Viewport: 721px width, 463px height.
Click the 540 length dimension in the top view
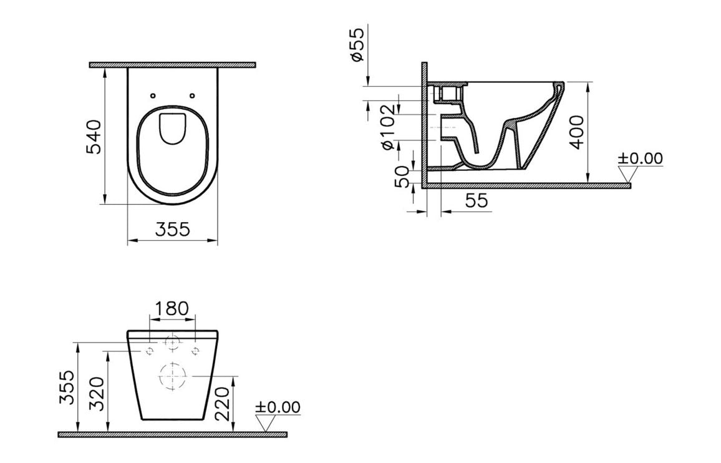tap(92, 136)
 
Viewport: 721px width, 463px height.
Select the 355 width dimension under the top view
tap(172, 229)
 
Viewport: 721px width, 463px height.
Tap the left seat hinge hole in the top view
tap(153, 95)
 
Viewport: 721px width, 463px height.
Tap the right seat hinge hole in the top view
tap(192, 95)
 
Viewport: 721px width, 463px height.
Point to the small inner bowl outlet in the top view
tap(173, 128)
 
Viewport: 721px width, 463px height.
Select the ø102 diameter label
tap(388, 128)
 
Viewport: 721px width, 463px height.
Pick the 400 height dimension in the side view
tap(578, 132)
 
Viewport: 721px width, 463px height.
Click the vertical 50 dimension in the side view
tap(403, 175)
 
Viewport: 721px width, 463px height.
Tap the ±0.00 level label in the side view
tap(640, 158)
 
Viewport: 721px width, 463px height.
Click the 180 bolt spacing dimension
tap(172, 308)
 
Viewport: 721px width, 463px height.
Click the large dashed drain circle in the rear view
tap(173, 376)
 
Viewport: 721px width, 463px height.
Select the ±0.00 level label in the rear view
tap(278, 407)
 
